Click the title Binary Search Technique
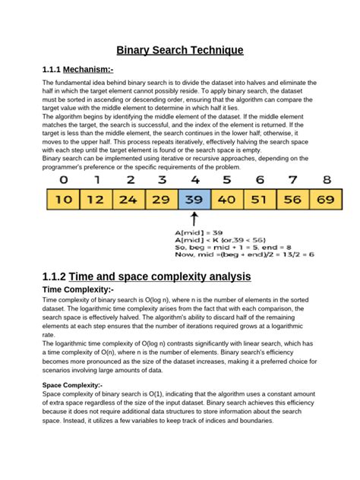coord(180,50)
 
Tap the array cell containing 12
coord(96,200)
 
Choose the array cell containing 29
coord(161,200)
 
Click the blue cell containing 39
coord(194,200)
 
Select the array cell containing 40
coord(226,200)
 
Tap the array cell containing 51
coord(260,200)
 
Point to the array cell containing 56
coord(292,200)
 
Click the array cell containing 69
coord(325,200)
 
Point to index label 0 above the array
coord(63,180)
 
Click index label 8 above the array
coord(327,180)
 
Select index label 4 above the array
coord(194,180)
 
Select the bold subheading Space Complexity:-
coord(71,385)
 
